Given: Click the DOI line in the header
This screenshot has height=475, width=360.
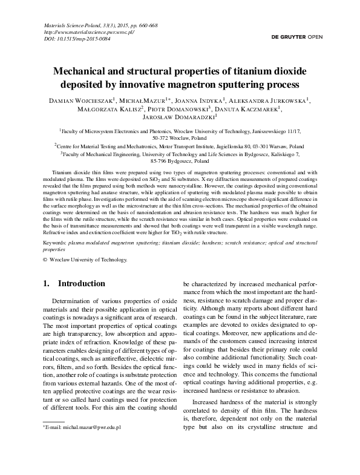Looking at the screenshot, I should [x=77, y=39].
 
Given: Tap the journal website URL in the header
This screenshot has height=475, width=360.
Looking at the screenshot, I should [x=89, y=32].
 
